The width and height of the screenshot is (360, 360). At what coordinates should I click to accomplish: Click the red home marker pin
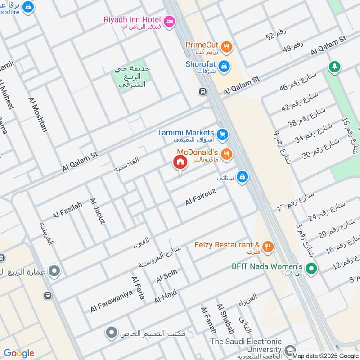click(x=180, y=162)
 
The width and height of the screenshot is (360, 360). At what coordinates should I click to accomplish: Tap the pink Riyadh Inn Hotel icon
click(x=169, y=21)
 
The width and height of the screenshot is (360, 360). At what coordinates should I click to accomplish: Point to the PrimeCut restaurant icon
click(x=227, y=45)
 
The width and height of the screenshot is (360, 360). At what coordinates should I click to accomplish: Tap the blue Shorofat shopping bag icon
click(x=225, y=66)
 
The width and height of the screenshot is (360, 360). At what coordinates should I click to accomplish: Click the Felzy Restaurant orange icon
click(x=268, y=246)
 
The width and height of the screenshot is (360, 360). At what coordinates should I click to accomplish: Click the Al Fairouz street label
click(x=201, y=198)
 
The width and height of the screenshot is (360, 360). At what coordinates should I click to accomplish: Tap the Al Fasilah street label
click(x=67, y=210)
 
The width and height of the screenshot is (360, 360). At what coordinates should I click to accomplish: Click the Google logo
click(x=19, y=353)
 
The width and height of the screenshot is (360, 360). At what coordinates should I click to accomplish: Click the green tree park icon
click(x=334, y=67)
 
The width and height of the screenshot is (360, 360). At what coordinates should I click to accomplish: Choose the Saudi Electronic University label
click(x=246, y=346)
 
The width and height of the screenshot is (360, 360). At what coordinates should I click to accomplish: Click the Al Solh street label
click(x=166, y=276)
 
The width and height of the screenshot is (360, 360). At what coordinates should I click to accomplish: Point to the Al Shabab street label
click(x=226, y=319)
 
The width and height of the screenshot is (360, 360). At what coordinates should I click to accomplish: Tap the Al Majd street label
click(x=166, y=296)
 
